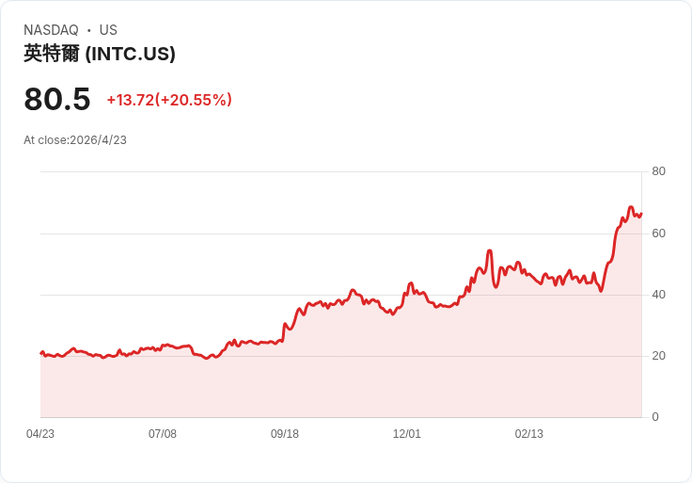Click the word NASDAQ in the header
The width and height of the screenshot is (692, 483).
click(51, 30)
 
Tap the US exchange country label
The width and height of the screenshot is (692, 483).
click(108, 30)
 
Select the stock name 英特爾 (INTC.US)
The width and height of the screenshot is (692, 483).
click(100, 54)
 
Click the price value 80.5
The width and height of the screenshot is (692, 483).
click(57, 99)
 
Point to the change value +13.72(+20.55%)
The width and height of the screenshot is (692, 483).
click(169, 100)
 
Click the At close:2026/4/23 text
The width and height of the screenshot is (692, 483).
click(75, 140)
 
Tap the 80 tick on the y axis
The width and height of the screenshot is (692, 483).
click(658, 171)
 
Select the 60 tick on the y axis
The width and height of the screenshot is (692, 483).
click(658, 233)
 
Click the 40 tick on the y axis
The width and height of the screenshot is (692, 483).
click(658, 295)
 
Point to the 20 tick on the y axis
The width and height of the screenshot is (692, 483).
click(658, 356)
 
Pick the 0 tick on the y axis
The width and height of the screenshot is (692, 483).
click(655, 417)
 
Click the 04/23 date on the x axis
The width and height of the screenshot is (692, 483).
click(40, 434)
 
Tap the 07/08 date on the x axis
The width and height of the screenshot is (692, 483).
click(163, 434)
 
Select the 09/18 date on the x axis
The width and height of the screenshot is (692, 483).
click(285, 434)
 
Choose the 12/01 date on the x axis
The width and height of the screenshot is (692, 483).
click(407, 434)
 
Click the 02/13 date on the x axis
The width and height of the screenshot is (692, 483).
click(529, 434)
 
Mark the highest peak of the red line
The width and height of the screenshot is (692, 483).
click(631, 207)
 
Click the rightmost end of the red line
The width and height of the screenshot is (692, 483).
click(641, 213)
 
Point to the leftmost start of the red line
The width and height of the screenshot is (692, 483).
click(40, 353)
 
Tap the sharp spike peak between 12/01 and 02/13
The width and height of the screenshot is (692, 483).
click(490, 250)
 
